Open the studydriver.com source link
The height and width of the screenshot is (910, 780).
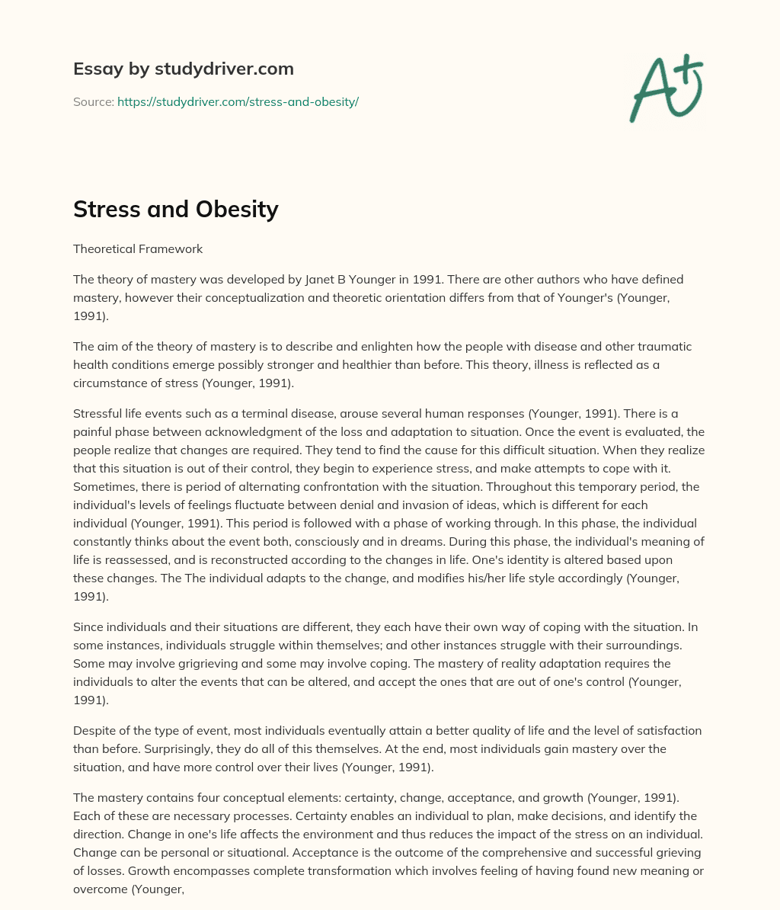[238, 101]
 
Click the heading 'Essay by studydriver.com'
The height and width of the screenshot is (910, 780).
[183, 69]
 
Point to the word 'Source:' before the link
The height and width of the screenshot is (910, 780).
[93, 101]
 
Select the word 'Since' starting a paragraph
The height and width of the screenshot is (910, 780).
[88, 626]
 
